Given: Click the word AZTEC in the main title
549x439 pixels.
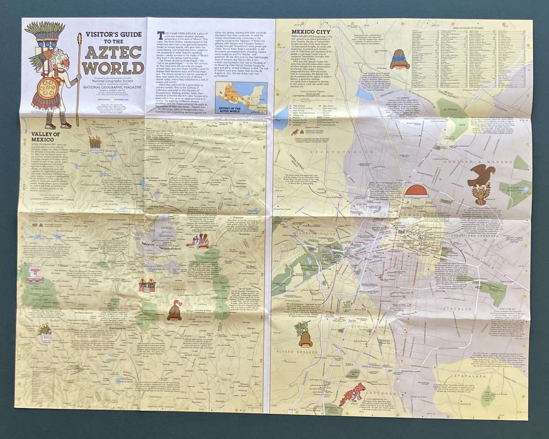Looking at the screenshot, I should click(113, 54).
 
